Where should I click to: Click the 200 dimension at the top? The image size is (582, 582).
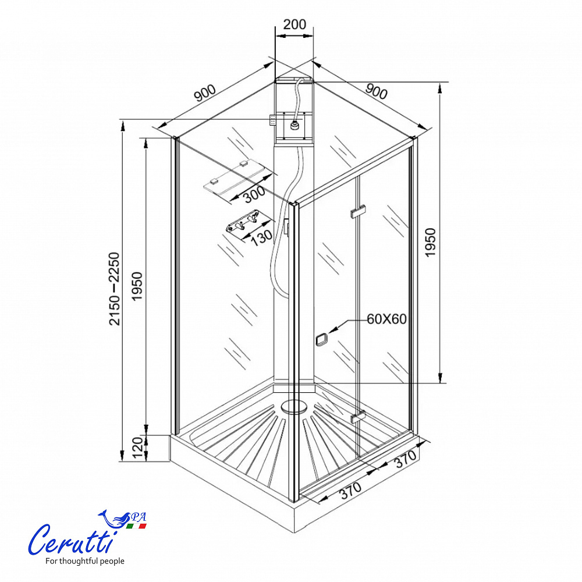294,24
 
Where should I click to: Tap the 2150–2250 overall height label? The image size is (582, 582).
115,289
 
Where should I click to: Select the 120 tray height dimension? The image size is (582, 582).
138,448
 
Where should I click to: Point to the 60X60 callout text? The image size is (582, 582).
387,319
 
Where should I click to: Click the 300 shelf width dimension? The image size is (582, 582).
255,194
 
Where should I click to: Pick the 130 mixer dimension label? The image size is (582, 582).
261,236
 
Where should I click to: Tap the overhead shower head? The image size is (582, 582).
294,125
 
